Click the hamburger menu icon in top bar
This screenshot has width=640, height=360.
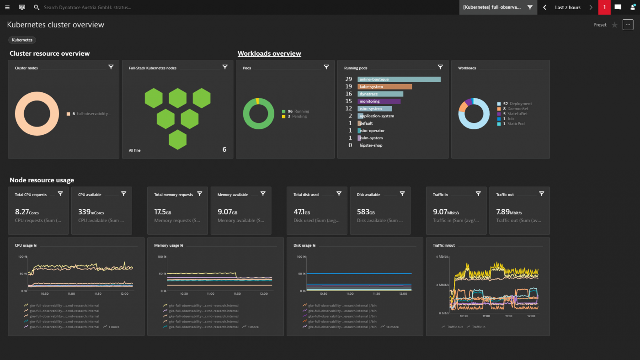pos(7,7)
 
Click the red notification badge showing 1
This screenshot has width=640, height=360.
pos(604,7)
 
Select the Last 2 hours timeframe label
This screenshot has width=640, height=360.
pos(567,7)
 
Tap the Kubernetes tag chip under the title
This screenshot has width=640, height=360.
pos(22,40)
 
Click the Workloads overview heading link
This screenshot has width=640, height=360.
pos(269,53)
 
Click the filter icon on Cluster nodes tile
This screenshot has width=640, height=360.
pos(111,67)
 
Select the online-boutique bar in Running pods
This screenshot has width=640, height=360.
pos(399,79)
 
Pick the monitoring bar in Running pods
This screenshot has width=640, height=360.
pos(379,101)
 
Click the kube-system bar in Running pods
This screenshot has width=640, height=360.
pos(384,87)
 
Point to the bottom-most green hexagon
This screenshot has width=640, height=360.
pos(177,140)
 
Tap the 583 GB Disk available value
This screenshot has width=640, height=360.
pos(366,212)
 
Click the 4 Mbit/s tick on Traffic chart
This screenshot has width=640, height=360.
pos(442,256)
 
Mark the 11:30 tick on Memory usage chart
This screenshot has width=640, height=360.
pos(237,294)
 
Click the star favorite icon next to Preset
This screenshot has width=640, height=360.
pos(614,25)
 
